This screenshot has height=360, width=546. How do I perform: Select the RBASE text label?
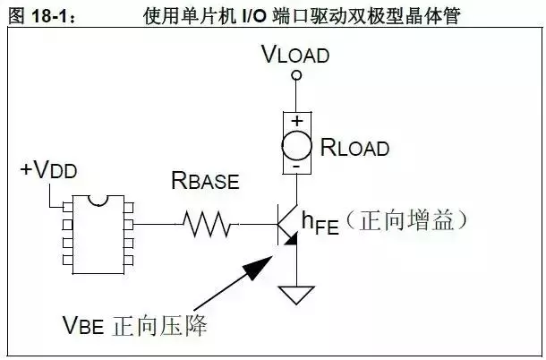(205, 182)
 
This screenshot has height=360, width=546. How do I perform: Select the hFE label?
(320, 220)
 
